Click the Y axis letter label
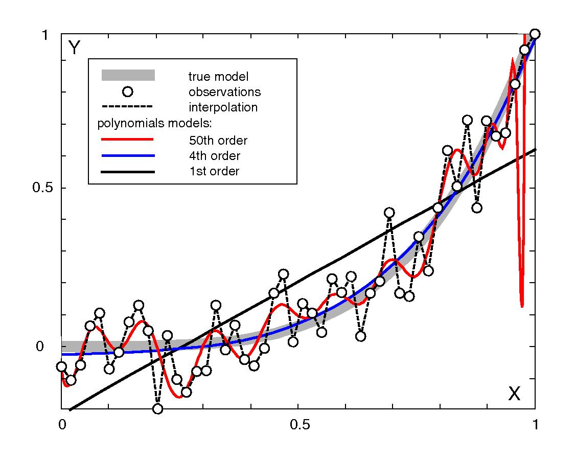point(74,48)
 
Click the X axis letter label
point(514,394)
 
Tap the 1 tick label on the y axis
point(45,35)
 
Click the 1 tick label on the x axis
point(535,425)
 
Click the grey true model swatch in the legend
point(128,76)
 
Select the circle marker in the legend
point(128,92)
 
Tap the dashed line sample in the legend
point(128,107)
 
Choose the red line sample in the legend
point(128,139)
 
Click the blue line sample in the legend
point(128,155)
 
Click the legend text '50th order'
point(218,140)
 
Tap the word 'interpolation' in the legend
point(223,108)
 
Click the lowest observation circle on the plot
point(157,409)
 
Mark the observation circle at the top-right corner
point(535,34)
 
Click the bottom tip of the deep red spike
point(522,306)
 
